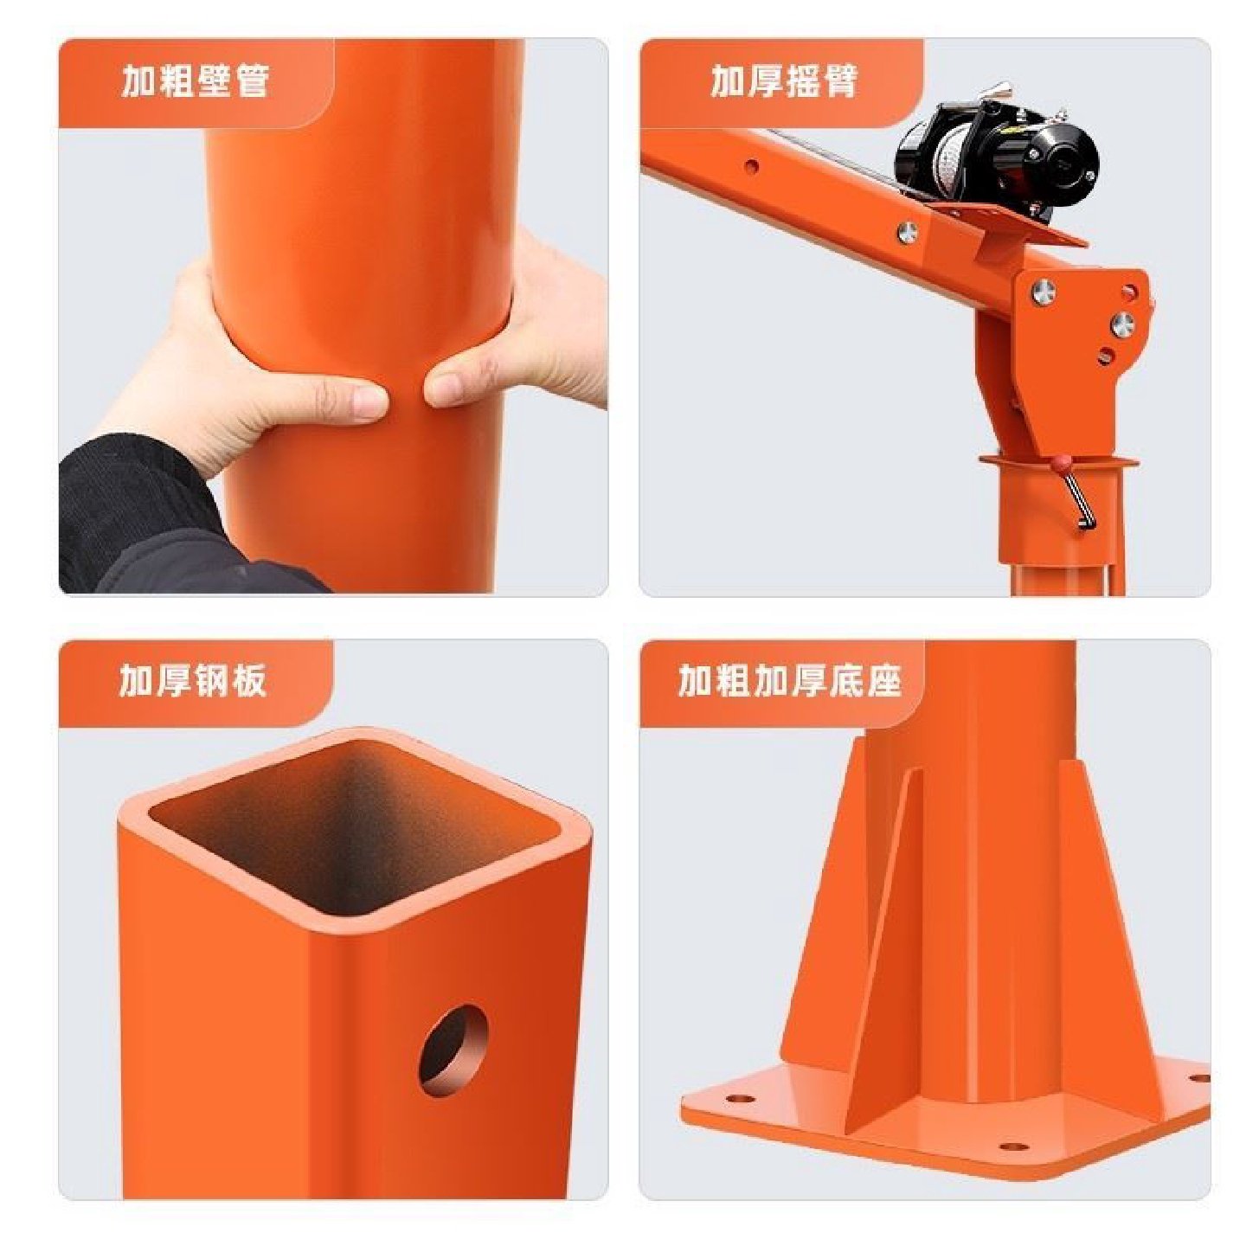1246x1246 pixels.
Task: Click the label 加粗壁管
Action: point(195,82)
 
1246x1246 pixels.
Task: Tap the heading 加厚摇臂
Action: point(783,82)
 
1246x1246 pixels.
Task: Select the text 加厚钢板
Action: point(193,682)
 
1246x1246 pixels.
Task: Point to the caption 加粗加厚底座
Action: point(789,682)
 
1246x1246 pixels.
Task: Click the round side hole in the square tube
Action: point(453,1050)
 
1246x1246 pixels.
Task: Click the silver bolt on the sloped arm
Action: point(907,231)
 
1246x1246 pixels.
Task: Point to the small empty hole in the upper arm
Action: point(751,165)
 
